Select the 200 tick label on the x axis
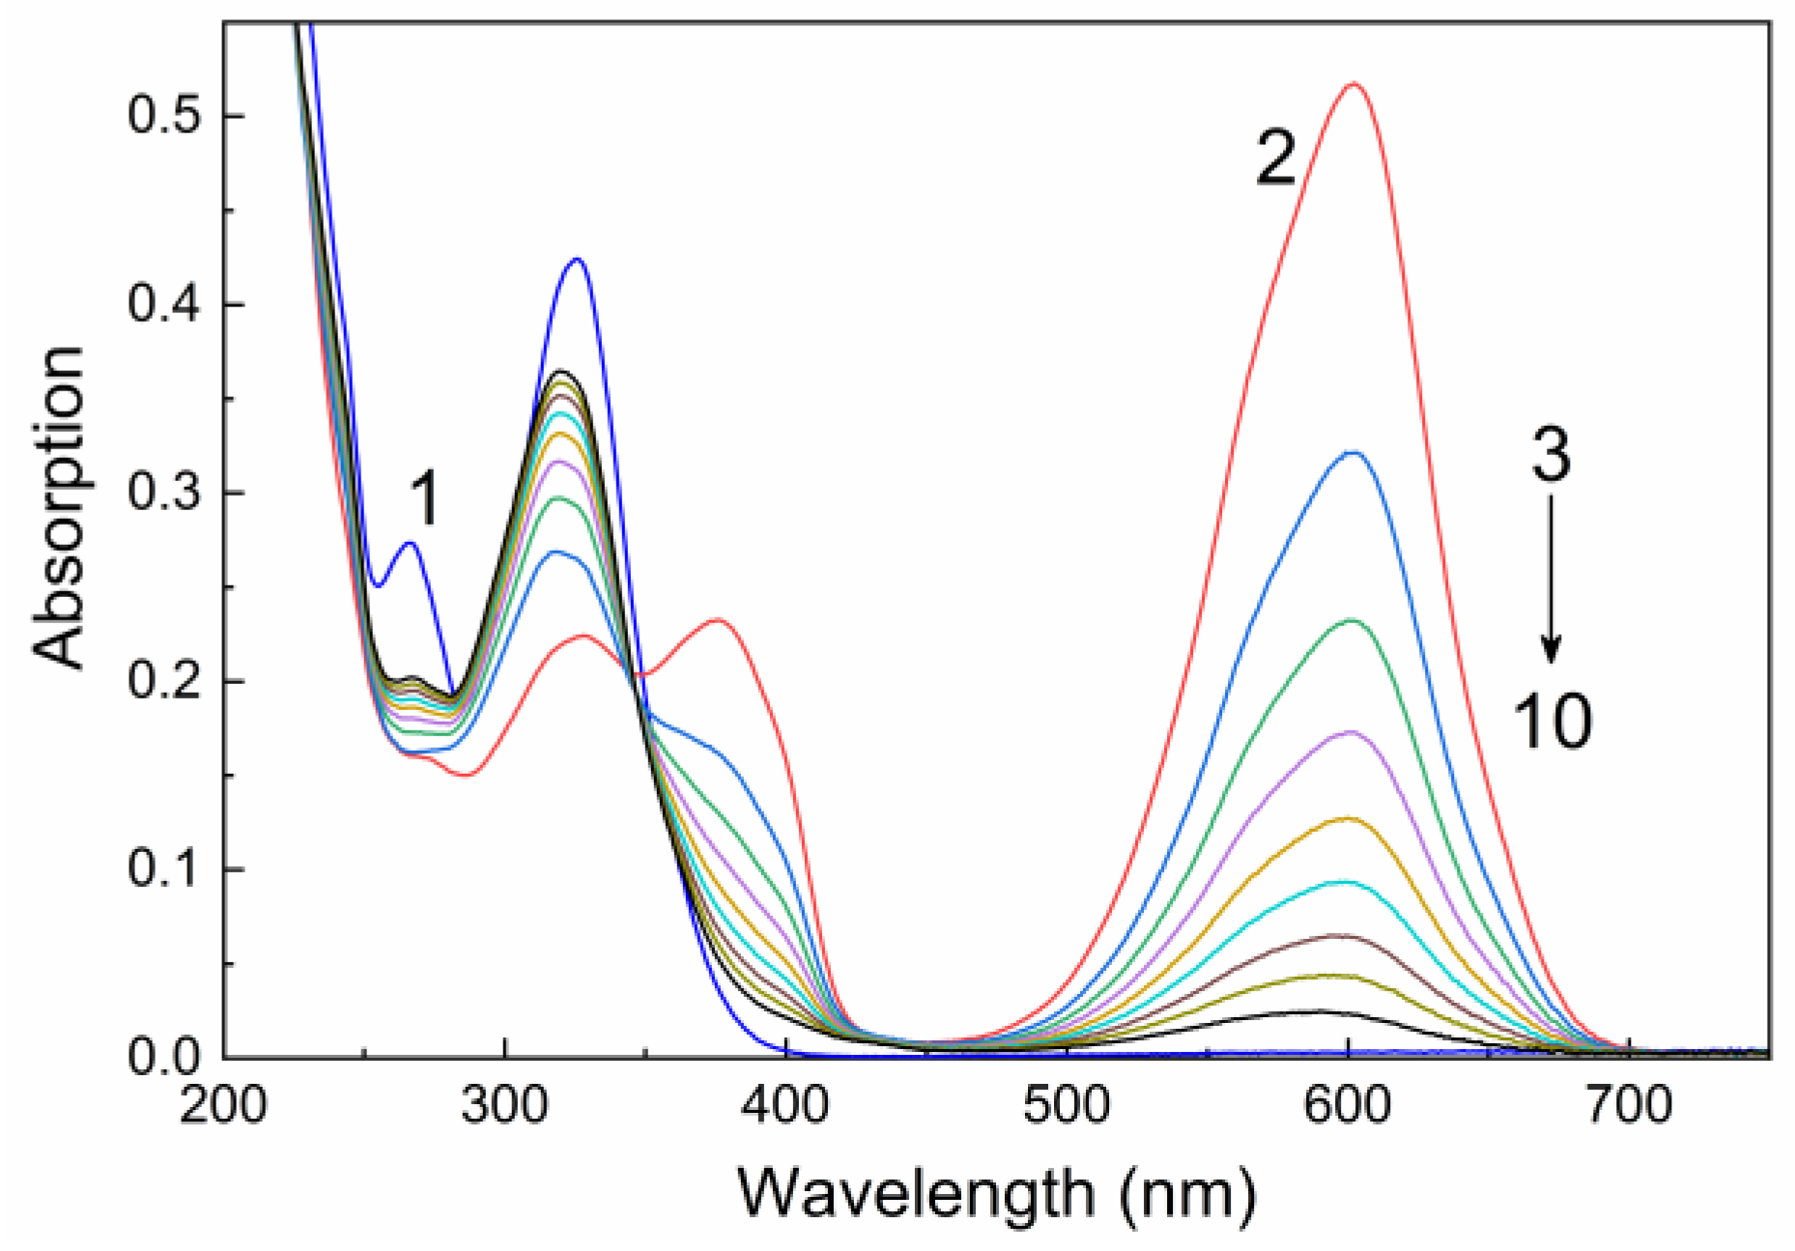[223, 1104]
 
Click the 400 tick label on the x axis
[786, 1104]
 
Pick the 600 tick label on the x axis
[1349, 1104]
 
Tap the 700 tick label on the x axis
[1630, 1104]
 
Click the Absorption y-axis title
[60, 507]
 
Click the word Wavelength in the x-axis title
[918, 1194]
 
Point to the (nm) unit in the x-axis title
[1189, 1194]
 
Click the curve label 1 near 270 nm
[424, 499]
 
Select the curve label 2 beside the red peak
[1276, 158]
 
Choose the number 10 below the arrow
[1552, 721]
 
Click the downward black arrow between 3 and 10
[1552, 580]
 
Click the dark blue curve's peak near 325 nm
[578, 259]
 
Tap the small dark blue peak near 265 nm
[411, 543]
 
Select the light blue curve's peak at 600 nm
[1353, 452]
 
